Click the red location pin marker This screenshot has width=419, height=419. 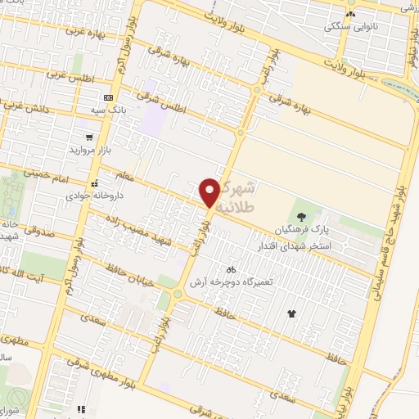click(210, 192)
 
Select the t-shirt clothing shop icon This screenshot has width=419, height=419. click(291, 313)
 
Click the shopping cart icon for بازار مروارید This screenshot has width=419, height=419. click(88, 137)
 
